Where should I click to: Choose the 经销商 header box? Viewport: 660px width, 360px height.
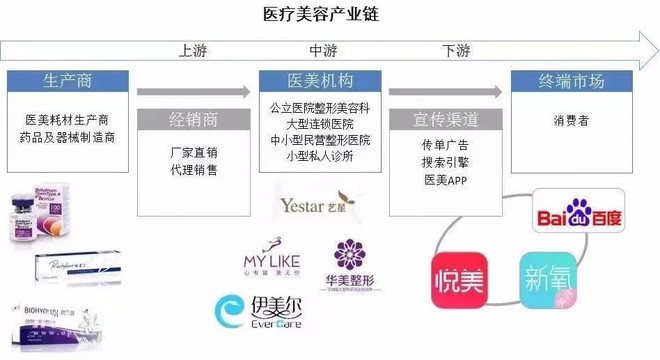point(194,116)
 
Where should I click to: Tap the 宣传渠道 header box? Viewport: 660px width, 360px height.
point(446,116)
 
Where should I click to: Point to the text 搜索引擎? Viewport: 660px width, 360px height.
point(446,162)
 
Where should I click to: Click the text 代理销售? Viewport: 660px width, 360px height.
point(194,170)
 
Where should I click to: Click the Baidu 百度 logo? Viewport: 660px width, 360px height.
point(579,213)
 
